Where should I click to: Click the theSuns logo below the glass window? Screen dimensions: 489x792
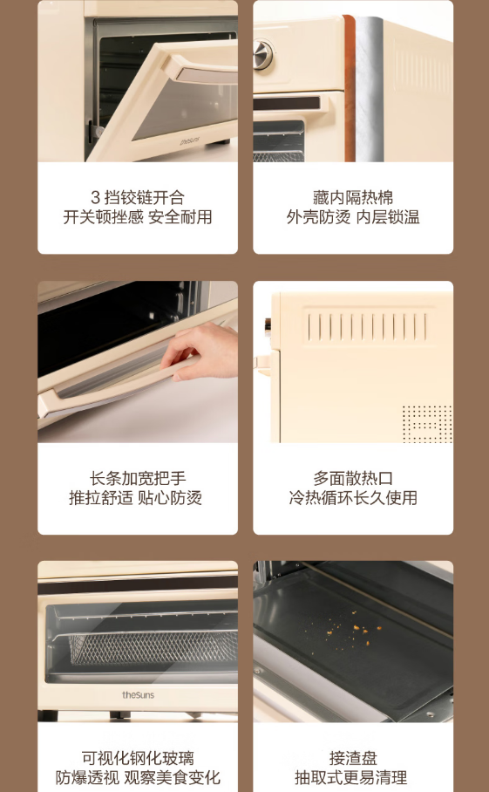pos(138,695)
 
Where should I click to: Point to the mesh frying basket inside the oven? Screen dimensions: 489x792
pos(153,646)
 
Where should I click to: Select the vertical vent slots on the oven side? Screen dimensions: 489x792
pos(367,327)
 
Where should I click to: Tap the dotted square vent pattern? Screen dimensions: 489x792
pos(427,423)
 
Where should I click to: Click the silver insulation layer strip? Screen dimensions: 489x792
pos(370,89)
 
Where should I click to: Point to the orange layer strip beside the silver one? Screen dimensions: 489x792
pos(350,88)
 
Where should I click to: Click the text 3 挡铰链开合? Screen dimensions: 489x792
pos(137,197)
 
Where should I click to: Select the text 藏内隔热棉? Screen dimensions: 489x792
pos(353,197)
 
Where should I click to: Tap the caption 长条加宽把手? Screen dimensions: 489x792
pos(137,478)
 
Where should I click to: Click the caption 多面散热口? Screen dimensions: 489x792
pos(353,478)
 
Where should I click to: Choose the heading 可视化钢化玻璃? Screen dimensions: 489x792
pos(137,758)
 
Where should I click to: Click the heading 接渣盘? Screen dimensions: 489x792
pos(353,758)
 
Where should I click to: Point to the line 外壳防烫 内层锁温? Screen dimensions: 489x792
pos(353,217)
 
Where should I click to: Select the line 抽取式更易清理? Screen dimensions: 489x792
pos(350,777)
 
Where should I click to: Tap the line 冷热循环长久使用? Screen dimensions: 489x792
pos(353,497)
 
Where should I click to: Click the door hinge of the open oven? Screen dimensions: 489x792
pos(95,133)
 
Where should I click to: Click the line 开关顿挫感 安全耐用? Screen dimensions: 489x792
pos(137,217)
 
